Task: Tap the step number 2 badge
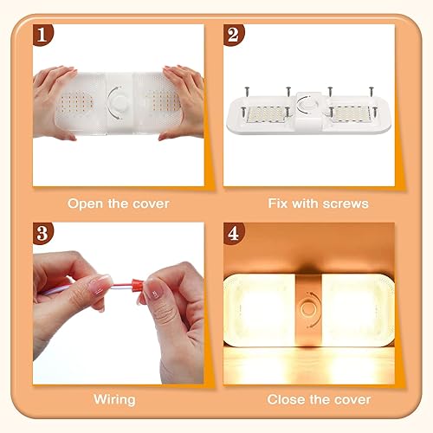coord(231,35)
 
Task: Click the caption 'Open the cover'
coord(119,204)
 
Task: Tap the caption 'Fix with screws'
coord(318,204)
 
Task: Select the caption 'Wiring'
coord(114,400)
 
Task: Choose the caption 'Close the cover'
coord(318,400)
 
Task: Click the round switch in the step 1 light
coord(119,107)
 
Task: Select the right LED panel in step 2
coord(352,113)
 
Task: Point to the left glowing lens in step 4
coord(260,310)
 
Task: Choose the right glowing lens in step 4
coord(360,310)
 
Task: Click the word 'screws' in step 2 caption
coord(346,204)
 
